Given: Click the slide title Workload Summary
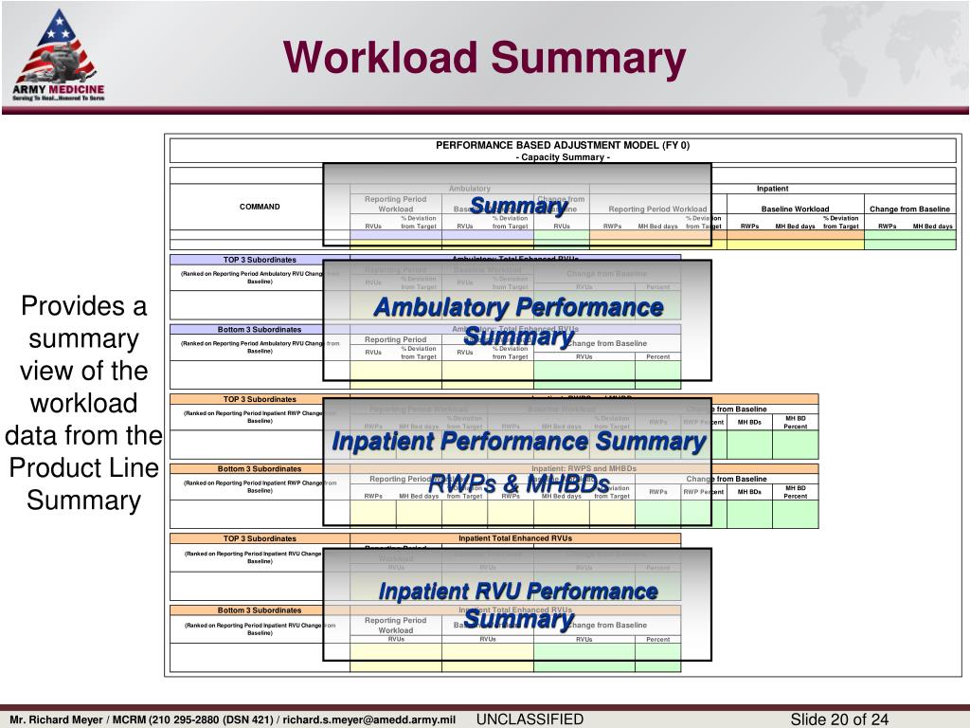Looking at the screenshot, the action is pyautogui.click(x=485, y=58).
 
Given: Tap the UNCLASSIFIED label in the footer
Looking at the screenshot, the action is pyautogui.click(x=530, y=719).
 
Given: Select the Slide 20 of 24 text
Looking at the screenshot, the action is pyautogui.click(x=839, y=719).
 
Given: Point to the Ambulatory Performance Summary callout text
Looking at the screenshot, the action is pyautogui.click(x=518, y=307).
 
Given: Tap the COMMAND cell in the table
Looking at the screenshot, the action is pyautogui.click(x=260, y=207).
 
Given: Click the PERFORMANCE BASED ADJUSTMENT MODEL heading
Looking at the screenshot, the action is pyautogui.click(x=563, y=145).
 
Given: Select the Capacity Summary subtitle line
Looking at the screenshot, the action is pyautogui.click(x=563, y=157).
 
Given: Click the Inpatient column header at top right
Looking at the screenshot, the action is pyautogui.click(x=772, y=189).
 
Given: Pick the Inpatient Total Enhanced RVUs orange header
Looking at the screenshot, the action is pyautogui.click(x=515, y=538).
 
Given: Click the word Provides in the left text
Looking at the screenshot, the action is pyautogui.click(x=85, y=306).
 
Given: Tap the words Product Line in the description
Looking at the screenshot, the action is pyautogui.click(x=85, y=468).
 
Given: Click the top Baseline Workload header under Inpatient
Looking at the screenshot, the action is pyautogui.click(x=795, y=209).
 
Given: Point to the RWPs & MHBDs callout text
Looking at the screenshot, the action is pyautogui.click(x=518, y=483).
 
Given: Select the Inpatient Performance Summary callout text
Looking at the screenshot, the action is pyautogui.click(x=518, y=442).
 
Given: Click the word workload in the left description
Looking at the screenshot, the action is pyautogui.click(x=85, y=403).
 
